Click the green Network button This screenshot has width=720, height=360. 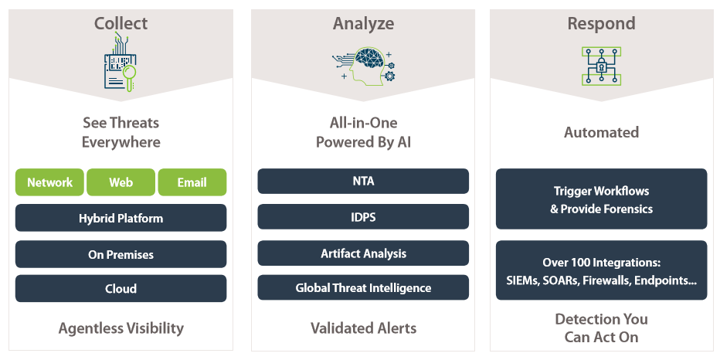point(49,182)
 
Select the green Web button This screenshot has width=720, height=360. point(121,182)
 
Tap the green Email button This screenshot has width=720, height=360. point(192,182)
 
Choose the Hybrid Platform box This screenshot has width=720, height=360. point(121,218)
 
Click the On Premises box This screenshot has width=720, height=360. point(121,254)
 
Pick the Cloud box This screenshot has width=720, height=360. point(121,288)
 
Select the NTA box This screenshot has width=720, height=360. point(363,181)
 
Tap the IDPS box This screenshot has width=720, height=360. point(363,217)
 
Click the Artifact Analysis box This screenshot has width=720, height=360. point(363,253)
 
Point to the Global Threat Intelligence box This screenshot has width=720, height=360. point(363,287)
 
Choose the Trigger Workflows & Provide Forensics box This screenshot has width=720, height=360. point(602,199)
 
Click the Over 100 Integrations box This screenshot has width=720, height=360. point(602,270)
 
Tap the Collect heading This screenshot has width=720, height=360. point(121,23)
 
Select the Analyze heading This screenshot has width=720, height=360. point(363,23)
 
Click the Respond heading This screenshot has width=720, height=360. point(602,23)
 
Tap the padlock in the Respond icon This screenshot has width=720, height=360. point(601,67)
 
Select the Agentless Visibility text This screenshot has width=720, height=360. point(121,328)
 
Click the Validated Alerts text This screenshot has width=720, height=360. point(363,328)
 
